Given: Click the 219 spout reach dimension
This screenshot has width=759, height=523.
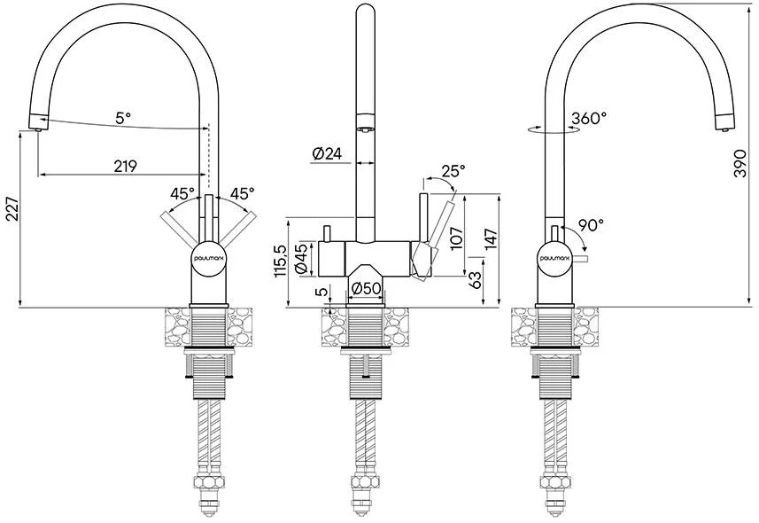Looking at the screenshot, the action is [126, 166].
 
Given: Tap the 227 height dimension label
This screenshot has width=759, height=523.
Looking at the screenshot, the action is [13, 209].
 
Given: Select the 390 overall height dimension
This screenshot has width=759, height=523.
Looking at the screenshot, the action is [740, 163].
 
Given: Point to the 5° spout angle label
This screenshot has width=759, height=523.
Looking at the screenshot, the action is [123, 117].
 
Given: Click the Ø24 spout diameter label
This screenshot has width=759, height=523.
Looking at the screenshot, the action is [327, 153].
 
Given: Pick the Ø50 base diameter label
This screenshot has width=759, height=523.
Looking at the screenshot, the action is [366, 288].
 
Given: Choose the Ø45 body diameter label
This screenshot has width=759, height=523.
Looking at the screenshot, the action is [301, 259].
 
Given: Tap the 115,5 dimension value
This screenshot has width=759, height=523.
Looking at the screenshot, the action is [282, 261].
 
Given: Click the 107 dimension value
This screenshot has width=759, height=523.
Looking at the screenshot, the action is [456, 238].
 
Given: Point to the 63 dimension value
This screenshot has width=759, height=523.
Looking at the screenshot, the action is [476, 280].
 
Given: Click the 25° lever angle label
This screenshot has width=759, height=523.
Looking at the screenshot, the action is [453, 170].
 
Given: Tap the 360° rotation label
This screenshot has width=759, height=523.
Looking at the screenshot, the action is [589, 118].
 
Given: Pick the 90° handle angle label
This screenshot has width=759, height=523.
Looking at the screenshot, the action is [591, 225].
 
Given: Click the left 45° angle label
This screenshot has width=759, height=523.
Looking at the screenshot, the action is [182, 194].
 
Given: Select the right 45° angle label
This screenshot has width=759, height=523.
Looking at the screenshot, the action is [242, 194].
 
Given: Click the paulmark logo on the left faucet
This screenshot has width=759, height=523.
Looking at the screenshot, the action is [207, 259].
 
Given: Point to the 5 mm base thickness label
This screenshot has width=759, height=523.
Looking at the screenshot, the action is [321, 292].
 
